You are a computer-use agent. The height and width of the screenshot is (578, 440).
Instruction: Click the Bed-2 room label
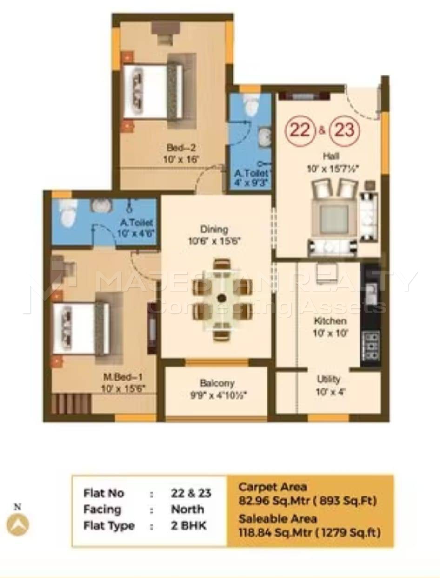[181, 148]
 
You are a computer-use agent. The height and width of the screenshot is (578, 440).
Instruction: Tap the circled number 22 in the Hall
[300, 130]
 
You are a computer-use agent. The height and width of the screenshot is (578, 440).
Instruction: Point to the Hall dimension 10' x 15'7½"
[333, 169]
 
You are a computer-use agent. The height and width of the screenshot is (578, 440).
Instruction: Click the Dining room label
[214, 229]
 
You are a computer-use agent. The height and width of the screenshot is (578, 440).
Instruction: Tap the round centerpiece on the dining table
[222, 298]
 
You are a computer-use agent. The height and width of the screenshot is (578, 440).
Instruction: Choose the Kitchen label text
[330, 321]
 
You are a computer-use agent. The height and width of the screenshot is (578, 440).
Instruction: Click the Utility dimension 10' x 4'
[330, 392]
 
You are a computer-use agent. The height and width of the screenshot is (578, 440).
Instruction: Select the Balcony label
[217, 383]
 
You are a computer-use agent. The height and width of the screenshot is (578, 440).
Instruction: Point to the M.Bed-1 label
[123, 377]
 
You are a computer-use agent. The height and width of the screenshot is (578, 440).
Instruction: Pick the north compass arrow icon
[18, 525]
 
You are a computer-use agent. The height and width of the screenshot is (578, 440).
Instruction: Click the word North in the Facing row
[187, 509]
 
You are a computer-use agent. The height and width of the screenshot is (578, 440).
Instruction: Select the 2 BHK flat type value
[188, 525]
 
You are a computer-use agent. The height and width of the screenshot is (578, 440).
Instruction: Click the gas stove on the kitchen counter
[371, 346]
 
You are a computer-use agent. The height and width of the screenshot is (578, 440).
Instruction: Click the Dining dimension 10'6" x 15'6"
[214, 241]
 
